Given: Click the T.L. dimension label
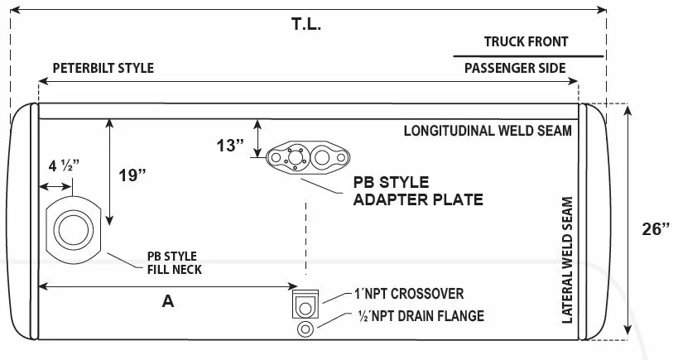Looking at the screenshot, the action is pyautogui.click(x=306, y=24).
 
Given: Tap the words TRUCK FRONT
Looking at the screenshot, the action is pyautogui.click(x=526, y=41).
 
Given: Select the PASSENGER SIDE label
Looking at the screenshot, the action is pyautogui.click(x=515, y=68).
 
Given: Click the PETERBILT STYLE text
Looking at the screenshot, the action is pyautogui.click(x=103, y=68).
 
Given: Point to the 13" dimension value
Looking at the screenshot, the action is pyautogui.click(x=230, y=145).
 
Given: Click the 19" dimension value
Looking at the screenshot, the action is pyautogui.click(x=132, y=175).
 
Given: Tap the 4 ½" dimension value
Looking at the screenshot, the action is pyautogui.click(x=64, y=166).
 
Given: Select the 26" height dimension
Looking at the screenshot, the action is pyautogui.click(x=656, y=228).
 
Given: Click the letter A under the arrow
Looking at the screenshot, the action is pyautogui.click(x=168, y=300).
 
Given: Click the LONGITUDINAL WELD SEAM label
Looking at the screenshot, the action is pyautogui.click(x=488, y=131).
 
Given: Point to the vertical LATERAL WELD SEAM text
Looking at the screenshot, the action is pyautogui.click(x=567, y=260).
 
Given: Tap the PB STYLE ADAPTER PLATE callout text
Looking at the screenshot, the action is pyautogui.click(x=418, y=190).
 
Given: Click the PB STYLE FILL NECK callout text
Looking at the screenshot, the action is pyautogui.click(x=174, y=263).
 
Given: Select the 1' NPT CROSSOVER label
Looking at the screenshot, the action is pyautogui.click(x=409, y=294).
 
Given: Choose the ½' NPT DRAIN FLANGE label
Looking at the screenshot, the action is pyautogui.click(x=421, y=316).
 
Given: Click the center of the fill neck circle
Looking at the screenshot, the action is pyautogui.click(x=73, y=229).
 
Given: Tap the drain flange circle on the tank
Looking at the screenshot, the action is pyautogui.click(x=305, y=329).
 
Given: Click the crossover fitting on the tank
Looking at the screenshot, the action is pyautogui.click(x=305, y=305).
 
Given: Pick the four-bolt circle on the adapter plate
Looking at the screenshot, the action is pyautogui.click(x=296, y=157).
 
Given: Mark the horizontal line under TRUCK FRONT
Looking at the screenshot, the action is pyautogui.click(x=528, y=56).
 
